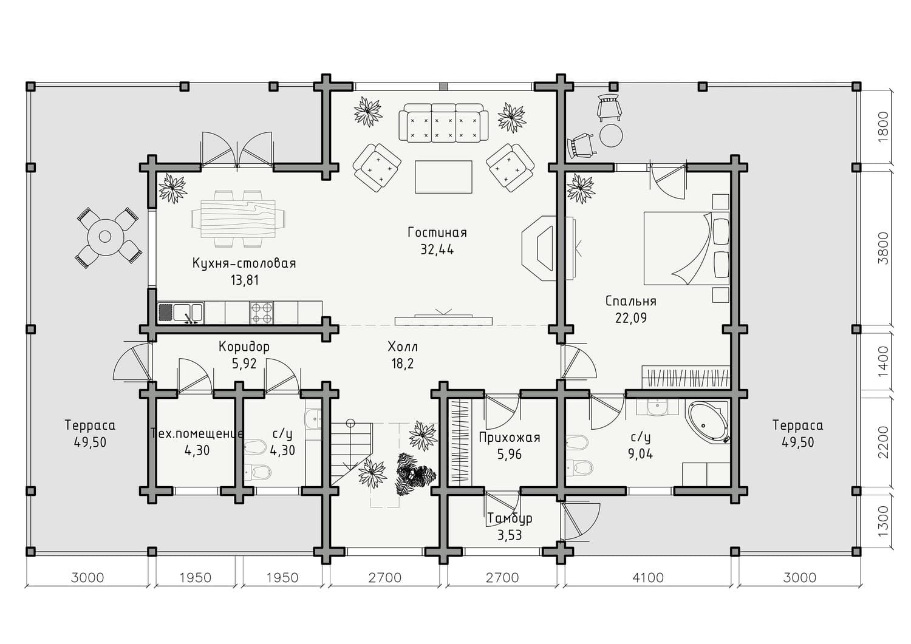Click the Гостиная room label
(x=437, y=232)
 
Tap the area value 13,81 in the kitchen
(x=245, y=280)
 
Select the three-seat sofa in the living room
(x=443, y=123)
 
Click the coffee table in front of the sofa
(x=443, y=177)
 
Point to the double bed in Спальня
(x=686, y=248)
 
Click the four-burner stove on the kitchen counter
(x=262, y=313)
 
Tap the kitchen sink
(x=180, y=313)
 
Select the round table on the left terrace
(x=106, y=236)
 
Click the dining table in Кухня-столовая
(x=238, y=219)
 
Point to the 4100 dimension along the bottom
(x=648, y=578)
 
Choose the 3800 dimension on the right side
(x=883, y=248)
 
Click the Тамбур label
(x=510, y=518)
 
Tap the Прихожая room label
(x=510, y=438)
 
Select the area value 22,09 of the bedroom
(x=631, y=317)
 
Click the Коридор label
(x=244, y=347)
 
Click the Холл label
(x=403, y=347)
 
